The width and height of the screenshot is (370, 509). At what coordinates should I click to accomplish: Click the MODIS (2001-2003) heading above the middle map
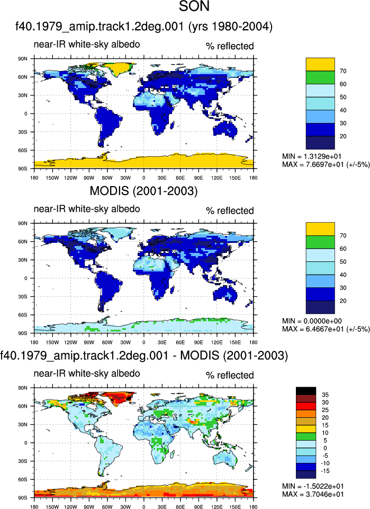[x=143, y=191]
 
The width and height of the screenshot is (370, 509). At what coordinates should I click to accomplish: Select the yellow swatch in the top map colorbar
[x=320, y=64]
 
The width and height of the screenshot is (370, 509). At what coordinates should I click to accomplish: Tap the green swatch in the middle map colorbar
[x=320, y=242]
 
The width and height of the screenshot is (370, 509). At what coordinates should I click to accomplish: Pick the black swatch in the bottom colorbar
[x=306, y=391]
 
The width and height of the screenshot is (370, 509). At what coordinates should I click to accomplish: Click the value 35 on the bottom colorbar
[x=325, y=394]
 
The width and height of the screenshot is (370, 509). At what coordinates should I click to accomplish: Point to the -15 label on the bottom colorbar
[x=325, y=471]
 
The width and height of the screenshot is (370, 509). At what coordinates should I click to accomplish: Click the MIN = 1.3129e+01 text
[x=311, y=156]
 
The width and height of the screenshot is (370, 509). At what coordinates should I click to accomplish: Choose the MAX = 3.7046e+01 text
[x=313, y=494]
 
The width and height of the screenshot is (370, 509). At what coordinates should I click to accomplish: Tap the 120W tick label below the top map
[x=70, y=178]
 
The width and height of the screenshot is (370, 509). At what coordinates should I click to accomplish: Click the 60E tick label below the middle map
[x=180, y=342]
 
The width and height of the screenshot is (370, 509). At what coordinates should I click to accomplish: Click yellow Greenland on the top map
[x=116, y=67]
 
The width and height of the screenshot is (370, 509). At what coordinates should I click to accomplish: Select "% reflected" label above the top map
[x=230, y=46]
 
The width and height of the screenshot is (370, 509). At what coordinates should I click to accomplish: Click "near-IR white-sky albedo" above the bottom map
[x=87, y=373]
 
